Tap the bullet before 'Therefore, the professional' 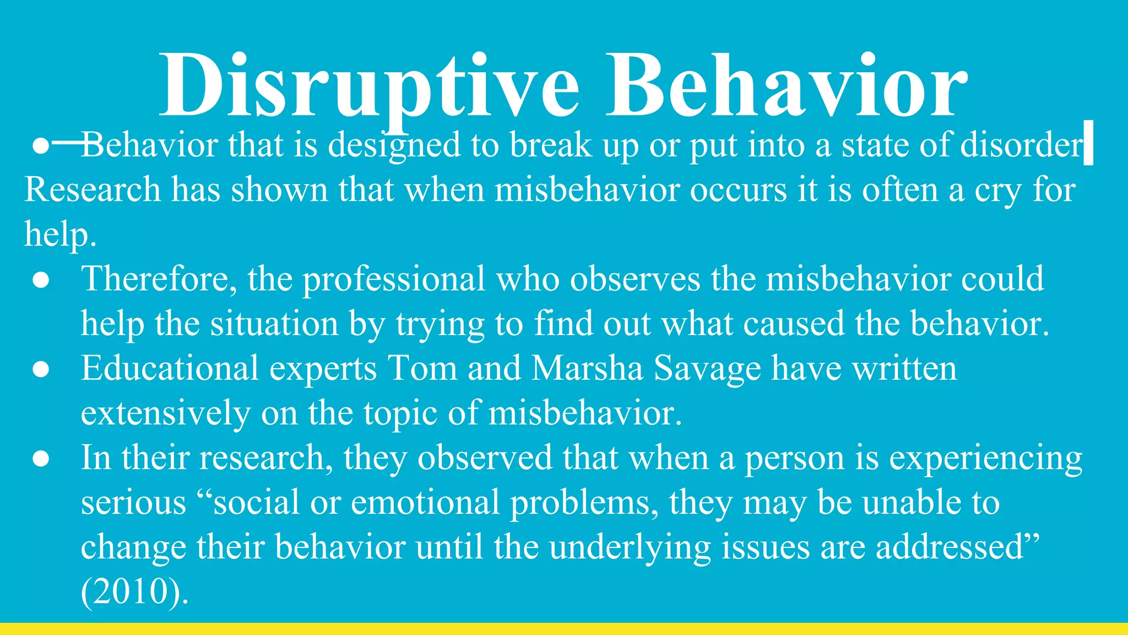click(41, 280)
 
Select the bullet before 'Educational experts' click(41, 369)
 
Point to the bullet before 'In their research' click(41, 459)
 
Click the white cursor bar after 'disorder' click(1088, 143)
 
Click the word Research click(92, 190)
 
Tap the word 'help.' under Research click(60, 235)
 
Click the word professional click(393, 279)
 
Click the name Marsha click(587, 369)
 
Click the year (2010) click(134, 592)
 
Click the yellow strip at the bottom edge click(564, 629)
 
